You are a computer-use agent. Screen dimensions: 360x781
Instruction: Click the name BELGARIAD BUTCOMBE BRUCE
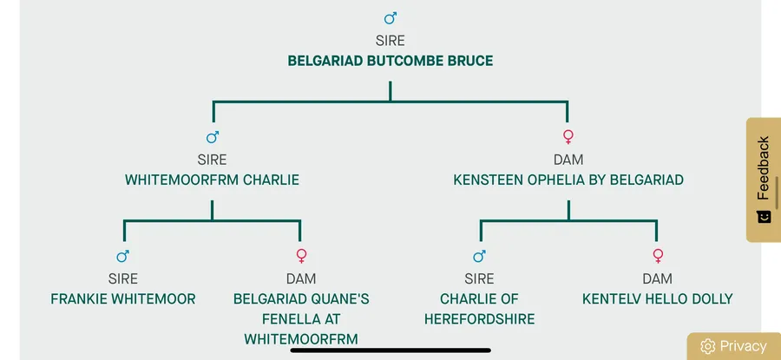pyautogui.click(x=390, y=62)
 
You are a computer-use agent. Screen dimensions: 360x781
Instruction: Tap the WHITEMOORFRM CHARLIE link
pyautogui.click(x=212, y=180)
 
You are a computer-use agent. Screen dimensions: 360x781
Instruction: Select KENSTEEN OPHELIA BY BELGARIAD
pyautogui.click(x=568, y=180)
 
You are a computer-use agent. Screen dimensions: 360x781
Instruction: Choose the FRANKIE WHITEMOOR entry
pyautogui.click(x=123, y=299)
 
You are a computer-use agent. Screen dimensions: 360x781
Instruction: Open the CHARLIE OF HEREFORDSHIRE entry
pyautogui.click(x=479, y=309)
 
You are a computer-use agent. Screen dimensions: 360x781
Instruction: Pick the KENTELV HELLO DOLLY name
pyautogui.click(x=657, y=299)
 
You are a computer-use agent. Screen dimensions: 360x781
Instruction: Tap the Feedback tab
pyautogui.click(x=763, y=168)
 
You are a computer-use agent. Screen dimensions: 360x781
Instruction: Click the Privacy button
pyautogui.click(x=743, y=346)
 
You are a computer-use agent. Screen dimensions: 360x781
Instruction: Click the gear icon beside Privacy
pyautogui.click(x=707, y=346)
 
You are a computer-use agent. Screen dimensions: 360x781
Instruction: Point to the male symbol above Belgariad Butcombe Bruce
pyautogui.click(x=390, y=18)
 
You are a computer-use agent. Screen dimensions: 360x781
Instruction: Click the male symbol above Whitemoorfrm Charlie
pyautogui.click(x=213, y=137)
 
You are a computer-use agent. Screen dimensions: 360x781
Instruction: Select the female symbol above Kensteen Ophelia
pyautogui.click(x=568, y=137)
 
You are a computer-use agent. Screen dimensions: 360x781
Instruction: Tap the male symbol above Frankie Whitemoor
pyautogui.click(x=123, y=256)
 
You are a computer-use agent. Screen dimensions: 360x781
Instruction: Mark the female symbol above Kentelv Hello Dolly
pyautogui.click(x=657, y=256)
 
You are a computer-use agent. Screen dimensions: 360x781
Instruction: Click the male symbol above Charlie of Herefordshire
pyautogui.click(x=479, y=256)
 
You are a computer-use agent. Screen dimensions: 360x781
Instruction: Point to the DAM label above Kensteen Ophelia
pyautogui.click(x=568, y=160)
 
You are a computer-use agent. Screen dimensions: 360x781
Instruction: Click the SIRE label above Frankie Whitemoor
pyautogui.click(x=123, y=278)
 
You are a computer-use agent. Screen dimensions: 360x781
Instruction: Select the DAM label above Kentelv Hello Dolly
pyautogui.click(x=657, y=278)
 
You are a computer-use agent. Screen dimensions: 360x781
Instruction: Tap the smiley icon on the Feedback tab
pyautogui.click(x=764, y=217)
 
